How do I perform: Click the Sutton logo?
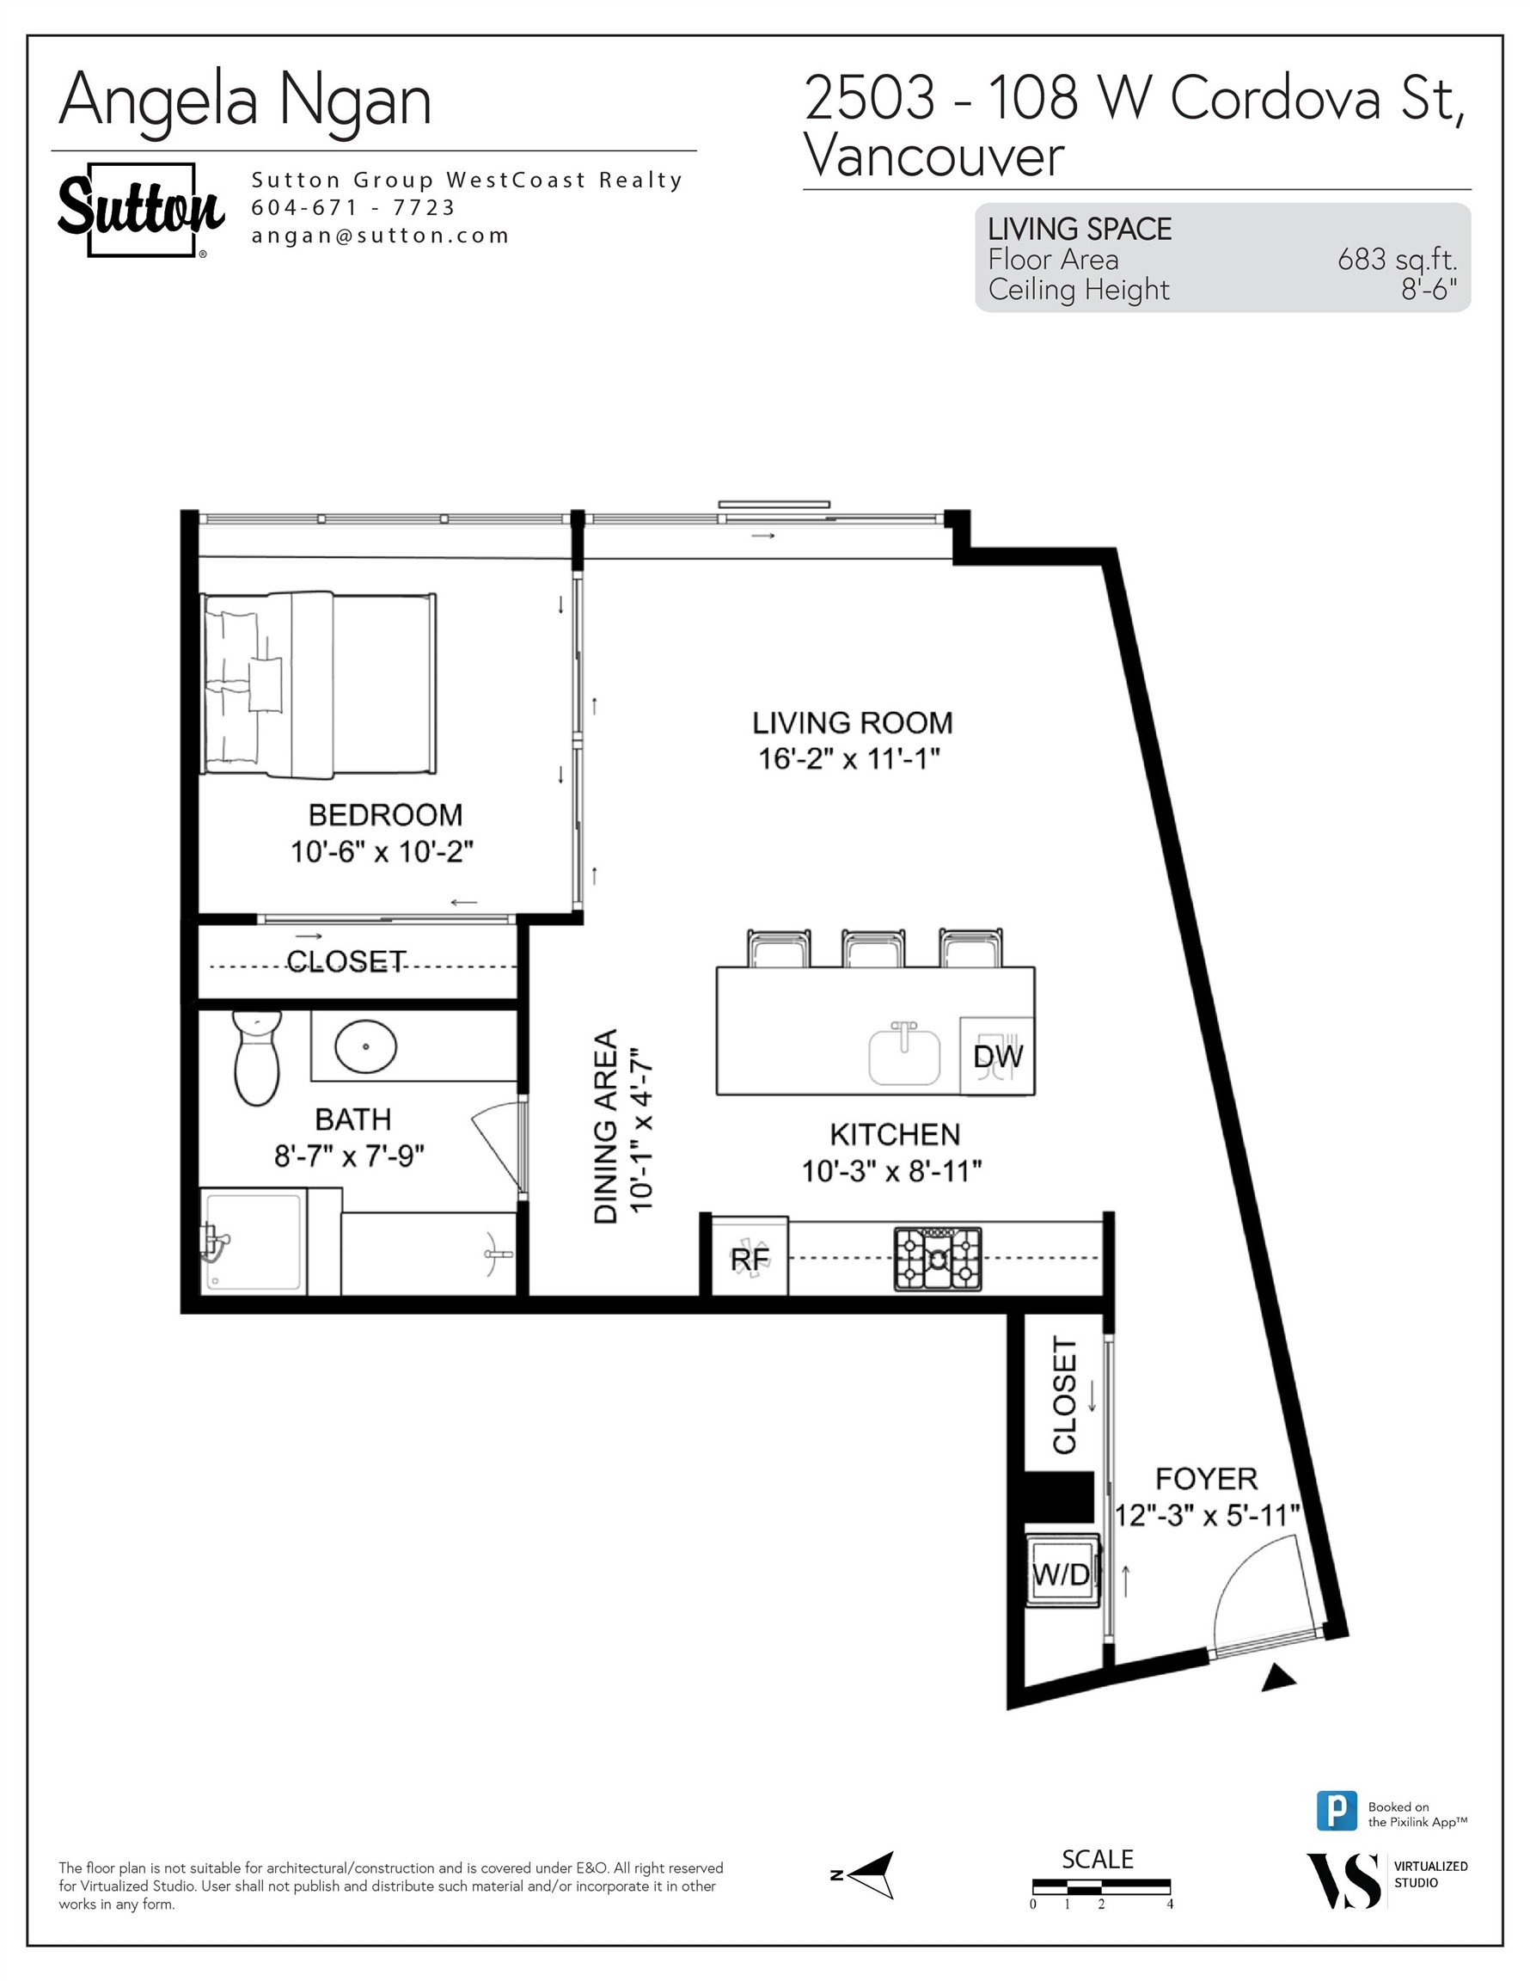point(141,209)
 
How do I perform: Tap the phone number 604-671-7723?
point(352,208)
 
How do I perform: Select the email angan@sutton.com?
point(380,236)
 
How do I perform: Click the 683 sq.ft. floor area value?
point(1397,260)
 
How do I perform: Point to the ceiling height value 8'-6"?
point(1429,290)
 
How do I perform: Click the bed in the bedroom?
point(317,684)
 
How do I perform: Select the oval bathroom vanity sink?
point(365,1046)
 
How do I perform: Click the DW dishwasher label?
point(998,1057)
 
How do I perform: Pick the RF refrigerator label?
point(750,1259)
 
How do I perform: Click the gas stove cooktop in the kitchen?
point(938,1259)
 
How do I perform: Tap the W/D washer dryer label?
point(1061,1575)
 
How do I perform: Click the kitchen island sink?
point(904,1055)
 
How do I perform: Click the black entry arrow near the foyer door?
point(1279,1679)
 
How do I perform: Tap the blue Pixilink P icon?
point(1336,1811)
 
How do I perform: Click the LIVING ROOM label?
point(852,723)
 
